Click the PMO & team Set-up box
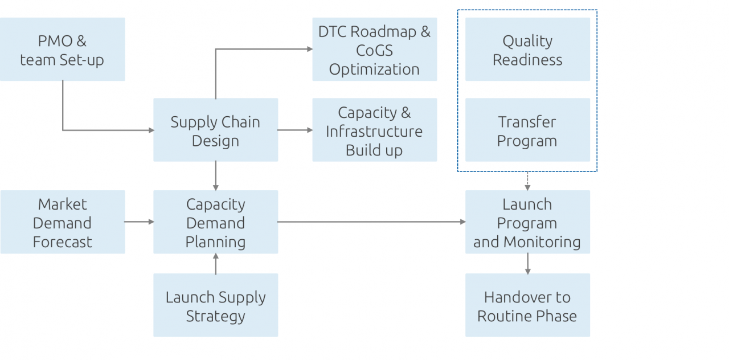[62, 50]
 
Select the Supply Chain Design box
[215, 130]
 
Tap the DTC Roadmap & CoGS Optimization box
[374, 50]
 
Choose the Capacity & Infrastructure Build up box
[374, 130]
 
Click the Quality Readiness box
[527, 50]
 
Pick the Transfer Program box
[527, 130]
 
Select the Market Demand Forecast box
[62, 222]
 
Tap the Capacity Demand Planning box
[215, 222]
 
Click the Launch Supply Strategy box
[215, 305]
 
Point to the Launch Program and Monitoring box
[527, 222]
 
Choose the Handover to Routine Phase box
[527, 305]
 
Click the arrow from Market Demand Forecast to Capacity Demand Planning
[139, 222]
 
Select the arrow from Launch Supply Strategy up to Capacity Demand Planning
[215, 264]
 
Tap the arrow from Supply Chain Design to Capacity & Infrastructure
[295, 130]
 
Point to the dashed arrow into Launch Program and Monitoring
[527, 181]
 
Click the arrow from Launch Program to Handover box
[527, 264]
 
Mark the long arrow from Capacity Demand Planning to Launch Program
[370, 222]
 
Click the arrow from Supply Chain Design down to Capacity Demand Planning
[215, 175]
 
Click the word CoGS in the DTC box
[374, 50]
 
